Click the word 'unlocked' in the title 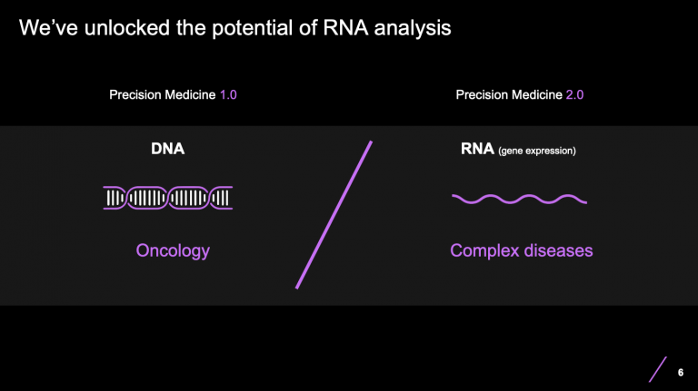pyautogui.click(x=108, y=29)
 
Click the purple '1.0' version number pyautogui.click(x=228, y=95)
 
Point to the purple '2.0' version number pyautogui.click(x=574, y=95)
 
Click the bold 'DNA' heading pyautogui.click(x=167, y=149)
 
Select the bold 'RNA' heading pyautogui.click(x=477, y=149)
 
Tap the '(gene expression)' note pyautogui.click(x=536, y=151)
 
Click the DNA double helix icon pyautogui.click(x=167, y=197)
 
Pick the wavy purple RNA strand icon pyautogui.click(x=519, y=197)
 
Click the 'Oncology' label pyautogui.click(x=172, y=249)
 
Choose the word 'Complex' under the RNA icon pyautogui.click(x=484, y=249)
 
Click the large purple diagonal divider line pyautogui.click(x=334, y=214)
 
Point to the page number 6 pyautogui.click(x=681, y=372)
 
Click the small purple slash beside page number pyautogui.click(x=658, y=369)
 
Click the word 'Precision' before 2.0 pyautogui.click(x=482, y=95)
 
